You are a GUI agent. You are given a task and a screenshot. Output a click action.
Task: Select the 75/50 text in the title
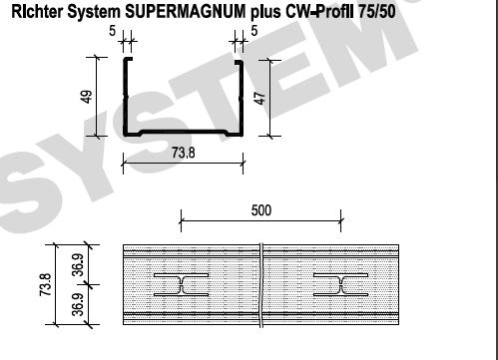coord(377,12)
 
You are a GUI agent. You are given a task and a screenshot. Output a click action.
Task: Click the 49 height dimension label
coord(87,97)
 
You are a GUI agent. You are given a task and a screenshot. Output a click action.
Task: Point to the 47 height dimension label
coord(260,98)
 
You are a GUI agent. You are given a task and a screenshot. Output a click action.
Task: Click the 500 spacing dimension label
coord(261,210)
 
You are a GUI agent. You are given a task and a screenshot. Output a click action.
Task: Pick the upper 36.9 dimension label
coord(79,265)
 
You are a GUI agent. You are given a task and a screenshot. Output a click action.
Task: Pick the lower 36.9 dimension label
coord(79,304)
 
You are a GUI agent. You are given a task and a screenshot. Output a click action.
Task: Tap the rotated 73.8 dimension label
coord(45,285)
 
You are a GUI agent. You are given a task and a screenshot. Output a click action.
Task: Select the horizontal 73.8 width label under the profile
coord(184,153)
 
